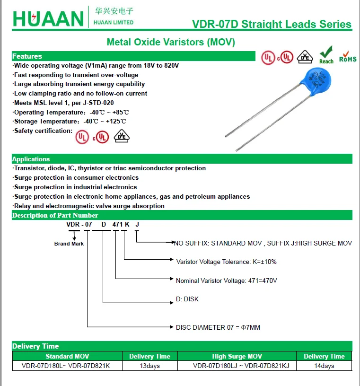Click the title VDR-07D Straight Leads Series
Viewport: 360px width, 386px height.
272,25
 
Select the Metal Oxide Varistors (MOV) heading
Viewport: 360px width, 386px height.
171,42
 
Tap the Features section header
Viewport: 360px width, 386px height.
27,56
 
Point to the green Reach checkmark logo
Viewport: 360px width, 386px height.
326,55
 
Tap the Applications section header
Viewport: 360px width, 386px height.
31,159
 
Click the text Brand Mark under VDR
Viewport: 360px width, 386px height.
69,244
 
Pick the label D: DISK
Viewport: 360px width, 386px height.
187,299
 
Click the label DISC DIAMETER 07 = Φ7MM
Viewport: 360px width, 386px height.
218,327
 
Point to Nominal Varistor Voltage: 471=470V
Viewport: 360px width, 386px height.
226,281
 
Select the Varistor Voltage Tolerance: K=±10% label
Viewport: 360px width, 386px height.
226,262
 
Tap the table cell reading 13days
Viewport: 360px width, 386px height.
150,366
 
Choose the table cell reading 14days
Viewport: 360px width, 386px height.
324,366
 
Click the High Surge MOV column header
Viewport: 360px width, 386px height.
237,356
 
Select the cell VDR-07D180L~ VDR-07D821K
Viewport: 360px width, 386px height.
66,366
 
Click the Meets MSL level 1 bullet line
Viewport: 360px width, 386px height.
64,103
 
